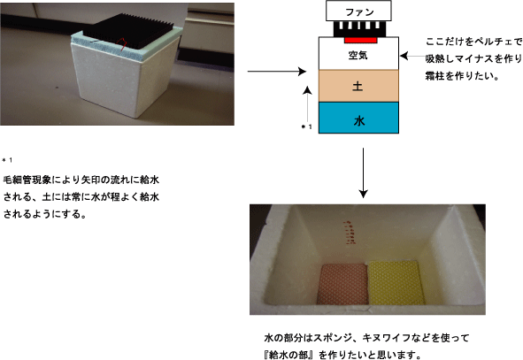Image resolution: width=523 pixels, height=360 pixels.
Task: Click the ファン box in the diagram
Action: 358,11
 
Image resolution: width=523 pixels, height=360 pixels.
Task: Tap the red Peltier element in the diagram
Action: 360,40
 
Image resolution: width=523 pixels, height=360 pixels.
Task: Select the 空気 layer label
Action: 358,56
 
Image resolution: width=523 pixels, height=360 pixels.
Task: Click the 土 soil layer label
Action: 358,87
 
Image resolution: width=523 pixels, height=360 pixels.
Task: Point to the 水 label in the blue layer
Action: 359,121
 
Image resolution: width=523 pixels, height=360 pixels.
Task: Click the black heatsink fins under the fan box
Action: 360,29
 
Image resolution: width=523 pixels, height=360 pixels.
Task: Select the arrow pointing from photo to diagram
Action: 277,71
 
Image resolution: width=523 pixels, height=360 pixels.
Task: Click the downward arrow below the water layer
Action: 363,173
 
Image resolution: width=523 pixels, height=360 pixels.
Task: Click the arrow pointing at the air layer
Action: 413,56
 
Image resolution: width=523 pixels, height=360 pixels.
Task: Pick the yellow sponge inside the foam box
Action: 396,283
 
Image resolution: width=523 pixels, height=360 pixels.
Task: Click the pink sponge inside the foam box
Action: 343,284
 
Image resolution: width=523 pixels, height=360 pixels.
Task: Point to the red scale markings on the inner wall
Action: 350,233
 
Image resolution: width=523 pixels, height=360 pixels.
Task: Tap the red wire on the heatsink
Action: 122,44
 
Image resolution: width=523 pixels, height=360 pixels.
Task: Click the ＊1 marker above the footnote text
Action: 7,160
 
